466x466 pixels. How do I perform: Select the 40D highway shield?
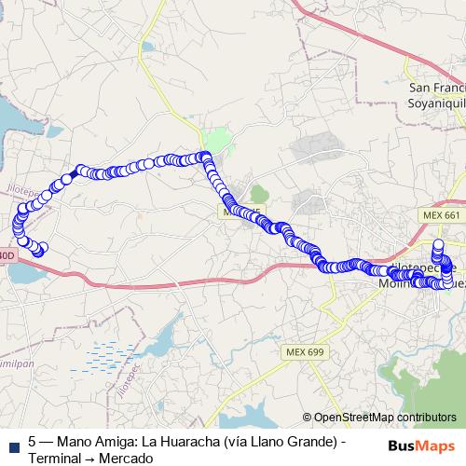tap(6, 254)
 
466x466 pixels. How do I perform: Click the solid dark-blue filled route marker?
tap(74, 173)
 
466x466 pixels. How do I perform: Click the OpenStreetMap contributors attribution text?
tap(385, 418)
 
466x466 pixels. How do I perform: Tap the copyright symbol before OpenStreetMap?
tap(308, 418)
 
